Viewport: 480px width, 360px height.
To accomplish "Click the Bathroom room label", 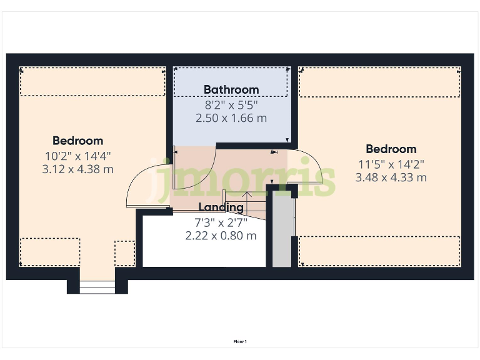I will (231, 89).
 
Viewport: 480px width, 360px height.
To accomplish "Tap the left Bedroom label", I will (77, 141).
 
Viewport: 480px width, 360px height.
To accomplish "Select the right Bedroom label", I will (391, 149).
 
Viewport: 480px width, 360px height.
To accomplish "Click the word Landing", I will (221, 207).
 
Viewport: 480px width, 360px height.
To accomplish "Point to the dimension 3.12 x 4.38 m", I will (77, 169).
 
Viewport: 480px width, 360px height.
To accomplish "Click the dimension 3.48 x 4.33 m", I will (391, 177).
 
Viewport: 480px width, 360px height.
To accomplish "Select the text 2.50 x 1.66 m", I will (231, 117).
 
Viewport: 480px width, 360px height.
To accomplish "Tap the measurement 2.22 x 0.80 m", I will (221, 236).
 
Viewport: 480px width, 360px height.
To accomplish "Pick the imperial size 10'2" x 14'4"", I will (77, 155).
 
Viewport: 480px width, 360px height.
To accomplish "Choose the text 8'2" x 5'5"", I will (231, 104).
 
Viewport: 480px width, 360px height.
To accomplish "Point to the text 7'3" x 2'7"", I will (221, 221).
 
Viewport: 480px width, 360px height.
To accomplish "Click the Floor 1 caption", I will (240, 341).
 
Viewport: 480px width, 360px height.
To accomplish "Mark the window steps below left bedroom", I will (97, 287).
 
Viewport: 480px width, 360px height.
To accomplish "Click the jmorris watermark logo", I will (244, 177).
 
